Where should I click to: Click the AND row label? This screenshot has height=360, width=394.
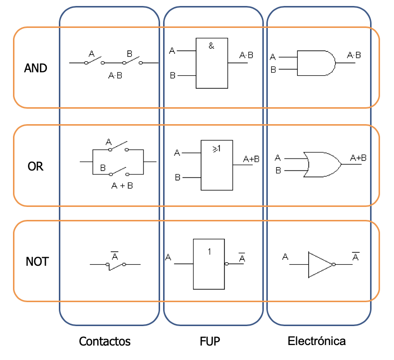click(35, 68)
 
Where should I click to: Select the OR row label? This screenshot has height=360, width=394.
click(35, 167)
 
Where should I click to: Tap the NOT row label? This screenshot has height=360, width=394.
click(37, 261)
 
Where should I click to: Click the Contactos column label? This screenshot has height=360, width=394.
click(105, 342)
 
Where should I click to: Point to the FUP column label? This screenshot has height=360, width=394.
click(210, 342)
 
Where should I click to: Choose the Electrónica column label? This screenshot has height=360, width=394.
click(317, 342)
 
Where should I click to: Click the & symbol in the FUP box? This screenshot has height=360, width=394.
click(211, 46)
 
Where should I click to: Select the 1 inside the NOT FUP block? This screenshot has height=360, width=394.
click(209, 252)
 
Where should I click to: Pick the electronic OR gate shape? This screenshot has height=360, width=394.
click(322, 164)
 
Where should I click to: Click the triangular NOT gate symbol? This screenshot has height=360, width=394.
click(320, 264)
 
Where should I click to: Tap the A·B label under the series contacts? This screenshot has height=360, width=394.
click(116, 76)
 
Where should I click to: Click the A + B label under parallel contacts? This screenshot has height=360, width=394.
click(122, 185)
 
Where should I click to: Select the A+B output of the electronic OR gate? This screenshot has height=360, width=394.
click(358, 158)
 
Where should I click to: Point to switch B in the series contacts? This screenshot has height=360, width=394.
click(132, 60)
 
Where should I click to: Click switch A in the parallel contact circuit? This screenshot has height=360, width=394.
click(117, 147)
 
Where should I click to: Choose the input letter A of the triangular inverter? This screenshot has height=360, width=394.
click(285, 257)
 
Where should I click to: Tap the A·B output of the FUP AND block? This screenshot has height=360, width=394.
click(246, 55)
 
